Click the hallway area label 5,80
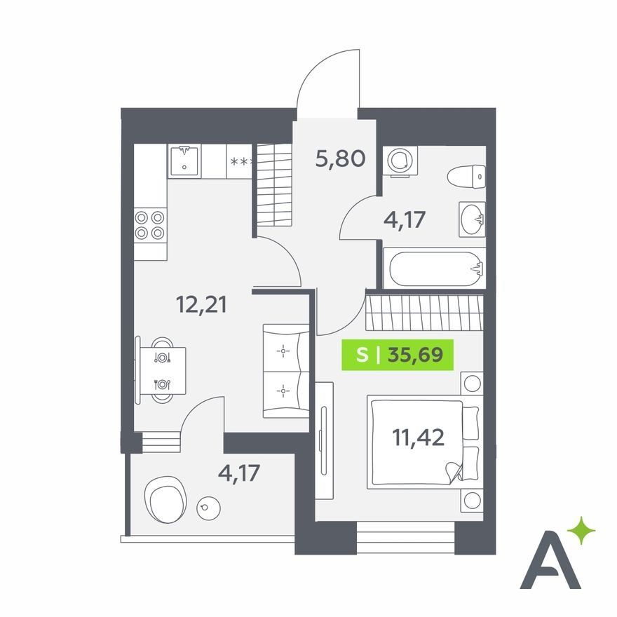click(340, 159)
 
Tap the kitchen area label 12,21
click(201, 304)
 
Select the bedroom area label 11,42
click(419, 438)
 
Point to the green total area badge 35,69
click(398, 355)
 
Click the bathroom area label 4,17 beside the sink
click(405, 219)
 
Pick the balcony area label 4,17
click(239, 473)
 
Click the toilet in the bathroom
click(466, 177)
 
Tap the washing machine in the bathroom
click(400, 161)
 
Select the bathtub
click(435, 269)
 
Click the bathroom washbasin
click(472, 219)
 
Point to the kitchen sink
click(184, 161)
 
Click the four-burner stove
click(150, 225)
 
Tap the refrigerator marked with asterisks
click(239, 161)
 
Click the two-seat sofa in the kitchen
click(286, 371)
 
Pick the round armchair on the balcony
click(165, 499)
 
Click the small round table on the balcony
click(208, 508)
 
